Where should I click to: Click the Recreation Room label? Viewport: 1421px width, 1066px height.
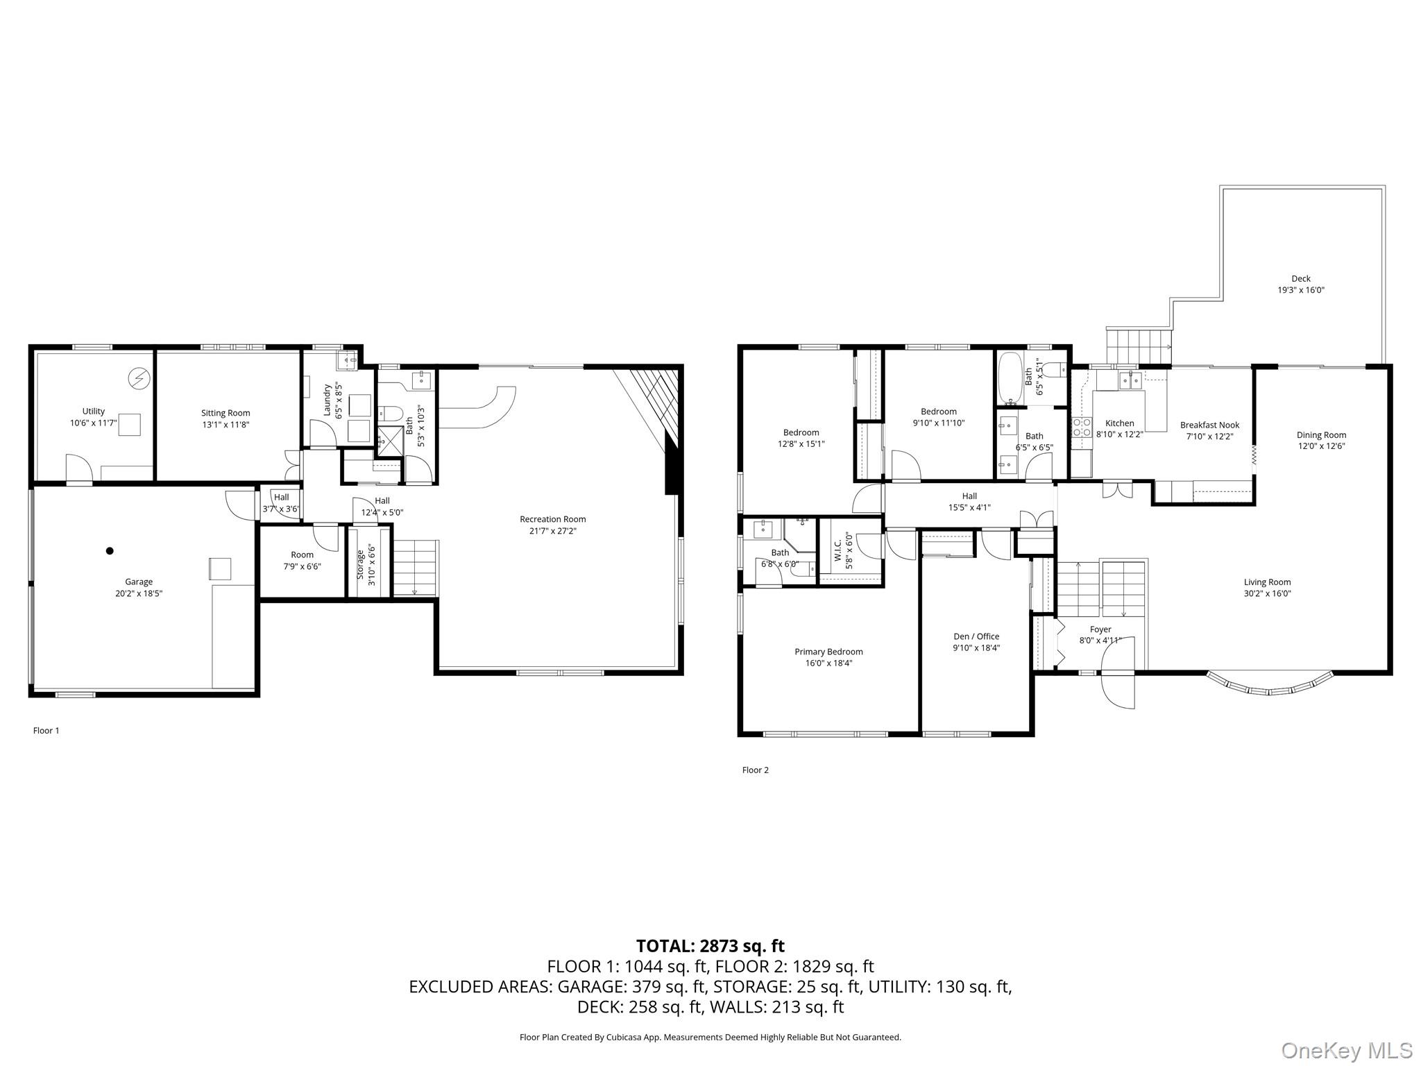[552, 519]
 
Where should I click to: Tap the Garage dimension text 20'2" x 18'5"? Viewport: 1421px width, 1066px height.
[139, 593]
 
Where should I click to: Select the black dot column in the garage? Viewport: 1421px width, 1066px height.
[110, 551]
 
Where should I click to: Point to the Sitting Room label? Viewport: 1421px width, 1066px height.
[226, 413]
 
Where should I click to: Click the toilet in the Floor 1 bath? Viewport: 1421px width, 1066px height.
[391, 414]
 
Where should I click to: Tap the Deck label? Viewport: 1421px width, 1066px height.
[1301, 278]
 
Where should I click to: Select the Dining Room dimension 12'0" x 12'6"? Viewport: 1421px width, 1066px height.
[1321, 446]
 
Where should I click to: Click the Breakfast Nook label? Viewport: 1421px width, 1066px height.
[1209, 425]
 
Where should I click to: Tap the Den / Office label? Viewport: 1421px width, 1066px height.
[976, 636]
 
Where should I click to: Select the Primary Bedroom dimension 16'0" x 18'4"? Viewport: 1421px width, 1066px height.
[828, 663]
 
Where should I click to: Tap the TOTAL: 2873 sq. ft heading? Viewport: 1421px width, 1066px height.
[710, 946]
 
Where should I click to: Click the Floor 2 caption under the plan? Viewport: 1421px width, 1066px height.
[755, 770]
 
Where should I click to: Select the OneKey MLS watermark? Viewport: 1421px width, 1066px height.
[1347, 1050]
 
